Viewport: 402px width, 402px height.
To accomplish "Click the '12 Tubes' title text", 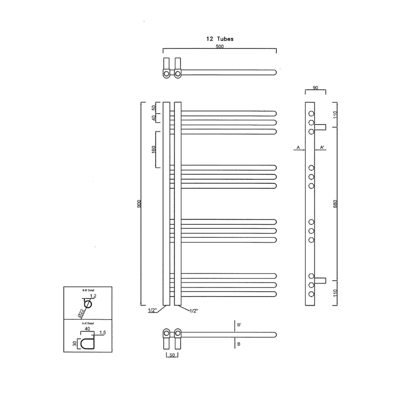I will [x=220, y=39].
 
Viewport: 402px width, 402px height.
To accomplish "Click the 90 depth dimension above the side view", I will [x=315, y=88].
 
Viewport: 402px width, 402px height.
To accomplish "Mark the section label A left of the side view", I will [x=298, y=147].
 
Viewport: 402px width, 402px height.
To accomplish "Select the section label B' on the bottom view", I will [x=239, y=326].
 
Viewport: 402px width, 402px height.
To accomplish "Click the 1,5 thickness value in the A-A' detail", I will [x=103, y=333].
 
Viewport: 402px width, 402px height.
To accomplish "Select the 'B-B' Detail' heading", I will [x=88, y=289].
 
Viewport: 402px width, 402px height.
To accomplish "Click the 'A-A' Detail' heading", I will [x=88, y=324].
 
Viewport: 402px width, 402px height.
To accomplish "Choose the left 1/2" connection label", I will [x=153, y=310].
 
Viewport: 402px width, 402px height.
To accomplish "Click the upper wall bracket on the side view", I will [x=320, y=127].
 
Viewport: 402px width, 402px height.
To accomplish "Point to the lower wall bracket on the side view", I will [x=320, y=280].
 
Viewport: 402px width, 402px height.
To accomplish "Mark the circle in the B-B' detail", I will [x=88, y=305].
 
